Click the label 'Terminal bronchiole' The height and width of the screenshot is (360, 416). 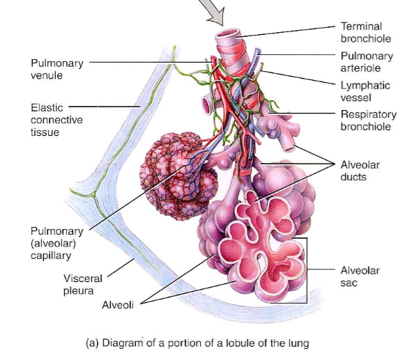tap(366, 32)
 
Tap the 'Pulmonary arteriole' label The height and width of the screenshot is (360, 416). tap(367, 62)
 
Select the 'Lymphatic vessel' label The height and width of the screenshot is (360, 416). tap(365, 91)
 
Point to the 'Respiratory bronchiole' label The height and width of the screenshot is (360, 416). tap(369, 120)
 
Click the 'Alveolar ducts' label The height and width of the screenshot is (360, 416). tap(360, 171)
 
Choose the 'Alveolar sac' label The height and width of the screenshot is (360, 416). tap(360, 276)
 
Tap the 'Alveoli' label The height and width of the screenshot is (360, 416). tap(118, 305)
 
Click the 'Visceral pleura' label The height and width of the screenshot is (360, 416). tap(83, 285)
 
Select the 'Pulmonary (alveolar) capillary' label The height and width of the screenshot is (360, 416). tap(57, 243)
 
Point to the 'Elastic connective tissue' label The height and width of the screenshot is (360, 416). tap(56, 120)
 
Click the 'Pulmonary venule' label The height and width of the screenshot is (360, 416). tap(57, 69)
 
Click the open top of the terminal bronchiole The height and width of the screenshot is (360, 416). tap(228, 34)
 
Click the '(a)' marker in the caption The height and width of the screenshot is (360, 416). tap(92, 343)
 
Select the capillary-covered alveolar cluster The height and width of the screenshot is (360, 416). tap(177, 175)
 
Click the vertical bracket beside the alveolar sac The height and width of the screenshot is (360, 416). tap(307, 270)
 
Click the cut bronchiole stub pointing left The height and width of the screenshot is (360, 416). tap(207, 104)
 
